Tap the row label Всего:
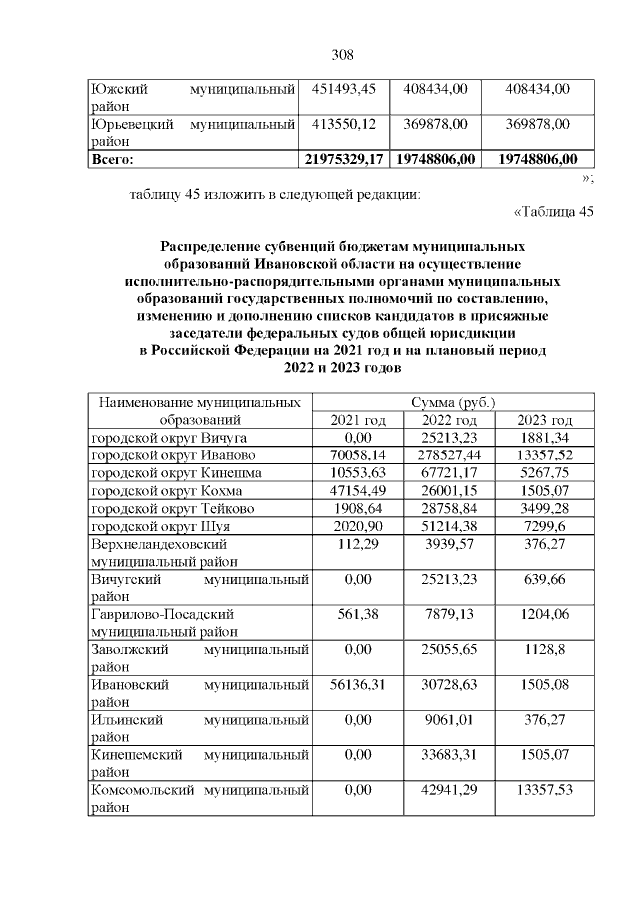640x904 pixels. tap(112, 158)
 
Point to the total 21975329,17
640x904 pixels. tap(343, 158)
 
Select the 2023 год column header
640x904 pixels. tap(546, 420)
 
